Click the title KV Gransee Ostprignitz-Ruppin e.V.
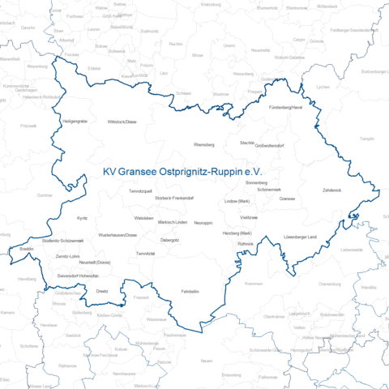(x=185, y=173)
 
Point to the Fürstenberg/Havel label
(x=285, y=107)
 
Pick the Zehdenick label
(x=332, y=190)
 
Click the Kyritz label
(x=82, y=218)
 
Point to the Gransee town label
(x=286, y=198)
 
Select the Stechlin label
(x=247, y=142)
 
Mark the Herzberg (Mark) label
(x=237, y=233)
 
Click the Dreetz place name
(x=102, y=289)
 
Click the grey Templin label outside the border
(x=366, y=139)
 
